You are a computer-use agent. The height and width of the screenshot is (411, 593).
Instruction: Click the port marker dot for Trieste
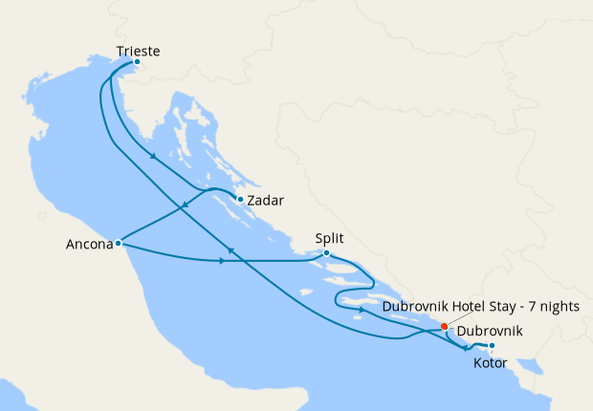click(x=137, y=62)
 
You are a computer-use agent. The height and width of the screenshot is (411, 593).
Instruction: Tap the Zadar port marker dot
click(x=240, y=200)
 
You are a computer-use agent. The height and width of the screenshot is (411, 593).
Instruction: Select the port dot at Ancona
click(x=118, y=243)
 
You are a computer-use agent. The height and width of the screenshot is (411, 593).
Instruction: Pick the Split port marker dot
click(x=327, y=253)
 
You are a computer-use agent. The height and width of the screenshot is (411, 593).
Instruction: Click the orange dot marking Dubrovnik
click(x=444, y=327)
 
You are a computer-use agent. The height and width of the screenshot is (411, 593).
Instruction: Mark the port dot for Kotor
click(x=492, y=346)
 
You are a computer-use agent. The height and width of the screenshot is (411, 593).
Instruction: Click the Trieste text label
click(x=137, y=50)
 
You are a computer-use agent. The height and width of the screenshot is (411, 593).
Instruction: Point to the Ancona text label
click(x=88, y=245)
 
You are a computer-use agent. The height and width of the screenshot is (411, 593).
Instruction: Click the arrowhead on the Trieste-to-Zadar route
click(x=153, y=159)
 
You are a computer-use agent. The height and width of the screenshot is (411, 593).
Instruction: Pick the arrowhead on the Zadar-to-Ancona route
click(x=184, y=205)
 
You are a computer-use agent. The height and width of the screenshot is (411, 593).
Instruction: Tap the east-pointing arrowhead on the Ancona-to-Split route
click(x=223, y=261)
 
